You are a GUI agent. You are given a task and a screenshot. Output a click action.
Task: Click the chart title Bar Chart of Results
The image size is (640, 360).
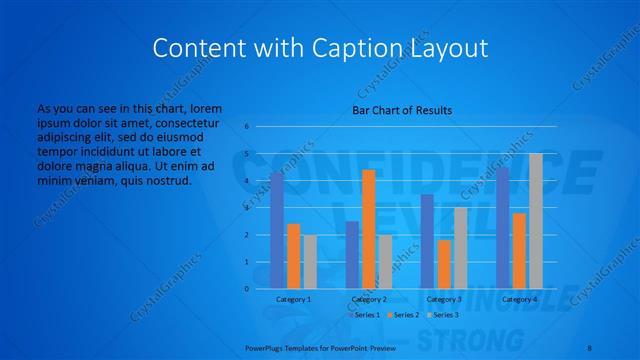point(401,110)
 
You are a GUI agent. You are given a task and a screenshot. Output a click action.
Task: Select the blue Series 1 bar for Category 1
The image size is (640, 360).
point(277,230)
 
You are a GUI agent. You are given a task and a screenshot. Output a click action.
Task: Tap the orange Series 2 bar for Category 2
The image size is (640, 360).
point(369,229)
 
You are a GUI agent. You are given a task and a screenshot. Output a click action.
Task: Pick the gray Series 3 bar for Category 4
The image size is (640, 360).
point(535,221)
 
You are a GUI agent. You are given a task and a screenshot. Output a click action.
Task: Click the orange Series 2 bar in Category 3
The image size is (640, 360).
point(444,264)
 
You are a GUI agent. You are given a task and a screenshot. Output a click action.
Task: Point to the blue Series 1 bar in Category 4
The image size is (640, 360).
point(502,228)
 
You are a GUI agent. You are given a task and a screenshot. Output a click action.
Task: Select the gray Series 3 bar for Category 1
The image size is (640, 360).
point(310,262)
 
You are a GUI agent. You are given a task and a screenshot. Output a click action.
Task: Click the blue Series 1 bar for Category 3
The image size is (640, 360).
point(427,241)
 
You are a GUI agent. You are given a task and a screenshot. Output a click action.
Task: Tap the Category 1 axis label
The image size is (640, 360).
point(293,299)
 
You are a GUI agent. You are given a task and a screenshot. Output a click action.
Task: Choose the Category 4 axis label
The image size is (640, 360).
point(519,299)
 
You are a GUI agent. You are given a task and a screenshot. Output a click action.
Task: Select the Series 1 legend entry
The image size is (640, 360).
point(365,315)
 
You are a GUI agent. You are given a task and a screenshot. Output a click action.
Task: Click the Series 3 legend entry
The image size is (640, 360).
point(442,315)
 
